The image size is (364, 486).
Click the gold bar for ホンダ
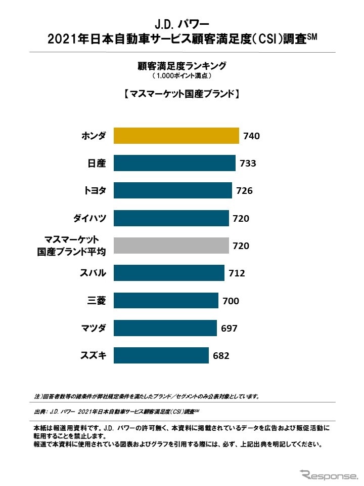coord(176,136)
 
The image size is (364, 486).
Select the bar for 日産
coord(174,164)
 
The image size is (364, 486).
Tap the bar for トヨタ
coord(172,191)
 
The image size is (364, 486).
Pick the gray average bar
coord(171,246)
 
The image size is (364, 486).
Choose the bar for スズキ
coord(161,355)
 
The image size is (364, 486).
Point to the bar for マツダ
coord(165,328)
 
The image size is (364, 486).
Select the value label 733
coord(248,164)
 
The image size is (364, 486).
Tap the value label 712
coord(237,273)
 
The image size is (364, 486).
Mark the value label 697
coord(229,328)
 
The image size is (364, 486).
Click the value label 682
coord(221,355)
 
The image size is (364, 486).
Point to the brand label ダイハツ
coord(89,218)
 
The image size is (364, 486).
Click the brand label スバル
coord(93,273)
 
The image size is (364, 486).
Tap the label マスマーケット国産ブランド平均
coord(74,246)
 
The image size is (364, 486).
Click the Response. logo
coord(328,476)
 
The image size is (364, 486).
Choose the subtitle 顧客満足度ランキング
coord(181,66)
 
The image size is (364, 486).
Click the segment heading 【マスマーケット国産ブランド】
coord(181,94)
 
